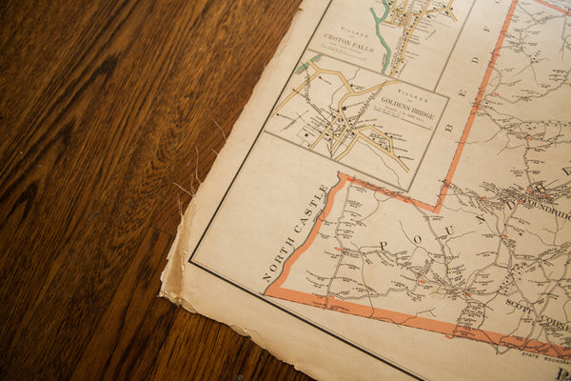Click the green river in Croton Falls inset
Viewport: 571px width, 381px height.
382,38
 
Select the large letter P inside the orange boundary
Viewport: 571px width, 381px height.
385,246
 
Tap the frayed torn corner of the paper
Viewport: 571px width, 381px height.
171,276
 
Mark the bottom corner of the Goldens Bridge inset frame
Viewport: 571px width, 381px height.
415,190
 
